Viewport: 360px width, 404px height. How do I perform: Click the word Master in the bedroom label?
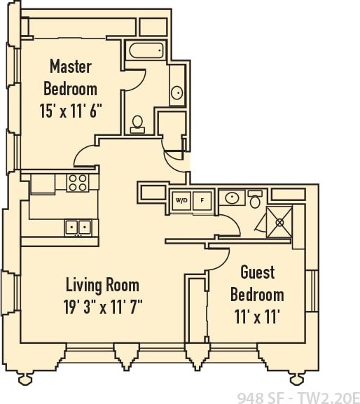tap(71, 67)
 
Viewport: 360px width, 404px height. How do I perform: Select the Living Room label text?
tap(102, 285)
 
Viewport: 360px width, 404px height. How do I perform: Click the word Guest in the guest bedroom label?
tap(257, 272)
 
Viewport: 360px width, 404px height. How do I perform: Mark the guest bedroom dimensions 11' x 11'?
tap(256, 316)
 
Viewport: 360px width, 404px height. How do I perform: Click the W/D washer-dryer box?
tap(181, 200)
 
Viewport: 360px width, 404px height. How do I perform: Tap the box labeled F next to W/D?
tap(202, 200)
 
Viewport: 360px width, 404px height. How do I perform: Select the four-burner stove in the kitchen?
tap(77, 183)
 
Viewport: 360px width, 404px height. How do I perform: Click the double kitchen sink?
tap(78, 227)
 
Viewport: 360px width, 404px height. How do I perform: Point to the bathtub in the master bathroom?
tap(146, 50)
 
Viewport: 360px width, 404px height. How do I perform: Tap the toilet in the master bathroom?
tap(138, 124)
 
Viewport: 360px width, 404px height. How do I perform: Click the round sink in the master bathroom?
tap(176, 92)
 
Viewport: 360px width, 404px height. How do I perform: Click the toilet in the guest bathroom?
tap(256, 200)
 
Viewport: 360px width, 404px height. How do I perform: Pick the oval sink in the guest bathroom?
tap(231, 198)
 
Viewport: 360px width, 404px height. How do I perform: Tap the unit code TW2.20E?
tap(328, 396)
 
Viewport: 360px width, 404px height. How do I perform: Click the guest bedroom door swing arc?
tap(221, 260)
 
